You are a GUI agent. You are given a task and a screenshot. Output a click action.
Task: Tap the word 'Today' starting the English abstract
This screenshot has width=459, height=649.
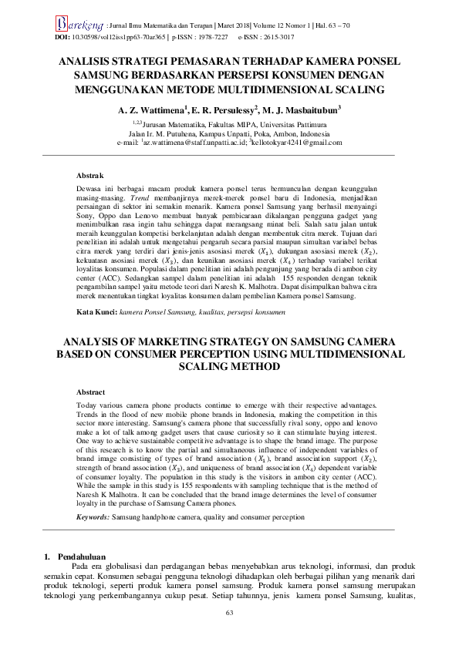tap(88, 405)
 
